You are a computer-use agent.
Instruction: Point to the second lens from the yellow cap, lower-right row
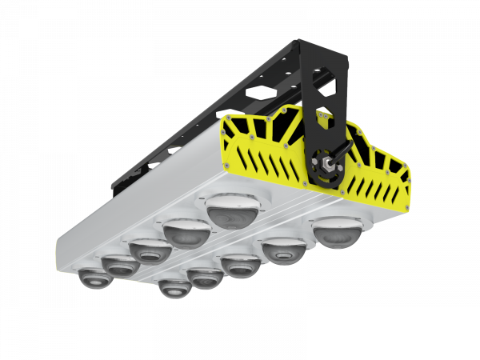[284, 250]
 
